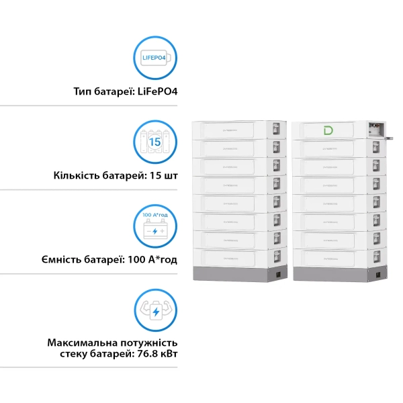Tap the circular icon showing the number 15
[155, 142]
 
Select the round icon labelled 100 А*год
[155, 226]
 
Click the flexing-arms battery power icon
[155, 310]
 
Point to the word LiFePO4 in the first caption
[162, 91]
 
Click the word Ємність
[70, 260]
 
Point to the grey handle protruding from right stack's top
[389, 136]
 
